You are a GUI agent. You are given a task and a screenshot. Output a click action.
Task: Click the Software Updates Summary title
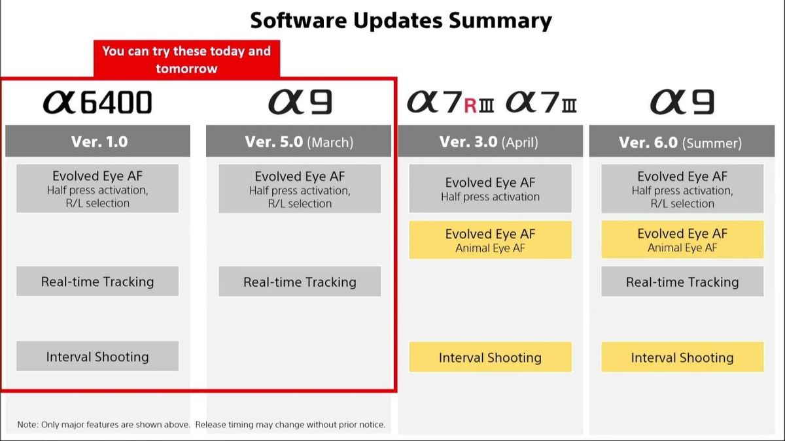point(400,20)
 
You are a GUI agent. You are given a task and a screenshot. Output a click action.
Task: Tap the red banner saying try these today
point(186,59)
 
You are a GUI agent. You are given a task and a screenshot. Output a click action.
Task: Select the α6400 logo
point(97,102)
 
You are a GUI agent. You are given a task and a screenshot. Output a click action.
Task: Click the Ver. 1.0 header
point(98,141)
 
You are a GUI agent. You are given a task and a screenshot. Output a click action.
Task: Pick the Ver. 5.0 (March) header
point(299,141)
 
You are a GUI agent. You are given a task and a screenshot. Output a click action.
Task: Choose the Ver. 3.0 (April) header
point(489,141)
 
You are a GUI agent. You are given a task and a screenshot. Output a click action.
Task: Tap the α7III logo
point(541,103)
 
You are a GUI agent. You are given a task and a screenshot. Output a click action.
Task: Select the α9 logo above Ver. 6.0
point(682,102)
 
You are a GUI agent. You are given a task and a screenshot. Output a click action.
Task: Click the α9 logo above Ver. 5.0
point(300,102)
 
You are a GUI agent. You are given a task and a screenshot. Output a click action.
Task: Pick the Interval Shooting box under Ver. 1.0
point(97,357)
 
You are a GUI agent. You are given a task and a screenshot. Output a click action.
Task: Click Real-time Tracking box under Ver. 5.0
point(300,282)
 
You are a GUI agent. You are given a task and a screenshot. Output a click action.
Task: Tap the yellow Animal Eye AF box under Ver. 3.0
point(490,240)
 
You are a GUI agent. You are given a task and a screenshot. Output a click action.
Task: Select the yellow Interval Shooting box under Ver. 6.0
point(682,357)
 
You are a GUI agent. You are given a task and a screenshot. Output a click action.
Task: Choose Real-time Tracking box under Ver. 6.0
point(682,282)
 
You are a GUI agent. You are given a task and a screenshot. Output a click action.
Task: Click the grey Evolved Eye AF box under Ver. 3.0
point(490,189)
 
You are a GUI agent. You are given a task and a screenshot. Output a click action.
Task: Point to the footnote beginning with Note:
point(201,425)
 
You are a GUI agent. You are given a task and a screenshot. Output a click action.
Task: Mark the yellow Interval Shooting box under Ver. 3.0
point(490,357)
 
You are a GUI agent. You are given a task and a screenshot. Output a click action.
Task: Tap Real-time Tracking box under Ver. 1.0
point(97,282)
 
